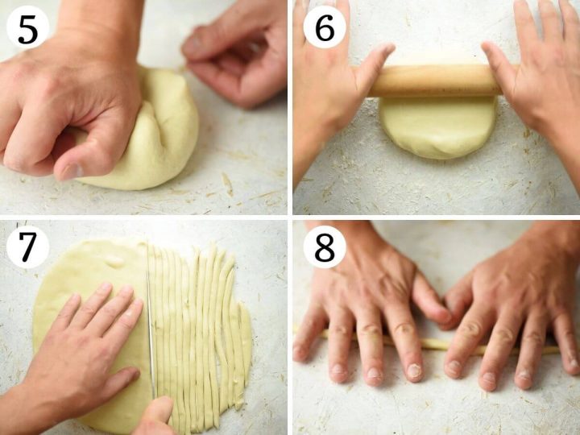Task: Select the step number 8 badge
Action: [x=325, y=246]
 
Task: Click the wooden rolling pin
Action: [x=435, y=81]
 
